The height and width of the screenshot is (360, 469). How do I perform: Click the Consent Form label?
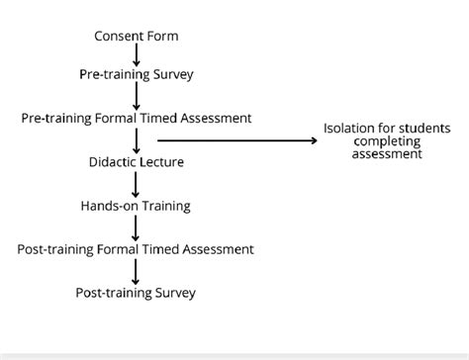pyautogui.click(x=137, y=37)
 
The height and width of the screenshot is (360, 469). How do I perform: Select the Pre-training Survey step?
pyautogui.click(x=137, y=74)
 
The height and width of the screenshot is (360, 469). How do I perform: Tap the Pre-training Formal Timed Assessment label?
pyautogui.click(x=137, y=118)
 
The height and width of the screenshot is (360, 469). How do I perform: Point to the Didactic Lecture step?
pyautogui.click(x=137, y=161)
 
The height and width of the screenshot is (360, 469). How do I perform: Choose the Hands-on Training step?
pyautogui.click(x=137, y=206)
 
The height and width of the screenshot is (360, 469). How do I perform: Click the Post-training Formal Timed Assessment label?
pyautogui.click(x=137, y=249)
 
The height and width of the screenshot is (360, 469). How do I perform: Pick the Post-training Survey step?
pyautogui.click(x=137, y=293)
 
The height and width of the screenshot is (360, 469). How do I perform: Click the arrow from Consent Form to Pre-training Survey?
pyautogui.click(x=137, y=55)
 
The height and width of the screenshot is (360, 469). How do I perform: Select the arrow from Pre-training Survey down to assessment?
pyautogui.click(x=137, y=96)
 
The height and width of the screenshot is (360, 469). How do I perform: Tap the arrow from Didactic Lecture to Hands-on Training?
pyautogui.click(x=137, y=184)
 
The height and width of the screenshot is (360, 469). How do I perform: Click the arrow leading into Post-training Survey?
pyautogui.click(x=137, y=271)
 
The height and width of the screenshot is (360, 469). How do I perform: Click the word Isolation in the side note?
pyautogui.click(x=348, y=128)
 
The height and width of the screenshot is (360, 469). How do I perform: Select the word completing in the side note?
pyautogui.click(x=386, y=140)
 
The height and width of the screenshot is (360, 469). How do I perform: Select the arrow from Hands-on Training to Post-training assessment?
pyautogui.click(x=137, y=227)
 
